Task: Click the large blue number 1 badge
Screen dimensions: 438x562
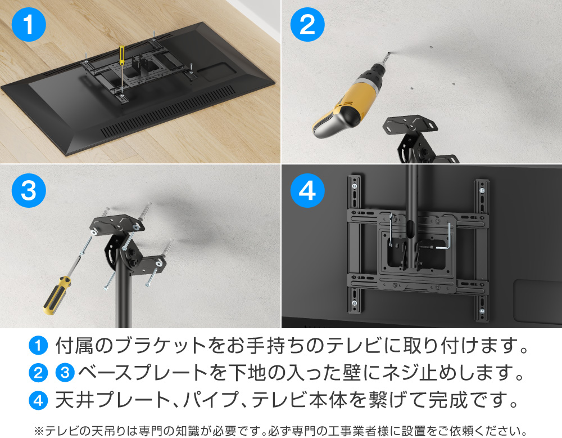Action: tap(28, 25)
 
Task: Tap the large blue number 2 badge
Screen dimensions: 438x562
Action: tap(307, 25)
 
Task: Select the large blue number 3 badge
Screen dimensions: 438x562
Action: tap(28, 191)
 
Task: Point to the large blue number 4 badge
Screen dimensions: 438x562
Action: tap(307, 191)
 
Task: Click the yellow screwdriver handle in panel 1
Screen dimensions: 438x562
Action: tap(120, 56)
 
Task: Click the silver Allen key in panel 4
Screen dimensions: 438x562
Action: tap(447, 239)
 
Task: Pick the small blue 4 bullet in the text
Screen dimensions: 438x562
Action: tap(38, 400)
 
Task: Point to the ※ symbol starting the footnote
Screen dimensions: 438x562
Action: tap(39, 431)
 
